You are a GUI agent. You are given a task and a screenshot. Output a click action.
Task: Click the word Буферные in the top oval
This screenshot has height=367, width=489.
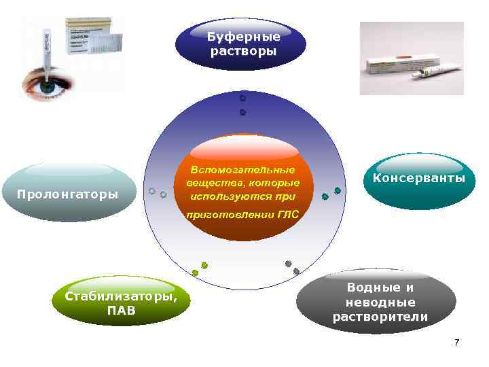click(243, 37)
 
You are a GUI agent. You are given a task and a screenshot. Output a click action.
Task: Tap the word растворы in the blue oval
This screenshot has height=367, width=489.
click(243, 52)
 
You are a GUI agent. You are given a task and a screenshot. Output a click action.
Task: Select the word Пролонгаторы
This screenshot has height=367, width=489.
click(67, 195)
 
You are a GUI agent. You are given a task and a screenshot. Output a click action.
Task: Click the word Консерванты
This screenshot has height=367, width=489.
click(420, 178)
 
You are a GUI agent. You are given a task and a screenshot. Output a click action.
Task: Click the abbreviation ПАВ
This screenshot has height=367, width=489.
click(121, 311)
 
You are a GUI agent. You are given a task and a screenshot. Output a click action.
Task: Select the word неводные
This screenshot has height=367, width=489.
click(380, 302)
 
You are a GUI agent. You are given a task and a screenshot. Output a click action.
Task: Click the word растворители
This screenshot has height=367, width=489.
click(380, 317)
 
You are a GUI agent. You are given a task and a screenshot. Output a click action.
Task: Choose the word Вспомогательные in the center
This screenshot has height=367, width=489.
click(242, 169)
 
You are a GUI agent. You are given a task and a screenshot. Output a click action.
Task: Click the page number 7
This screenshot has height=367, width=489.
click(457, 343)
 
